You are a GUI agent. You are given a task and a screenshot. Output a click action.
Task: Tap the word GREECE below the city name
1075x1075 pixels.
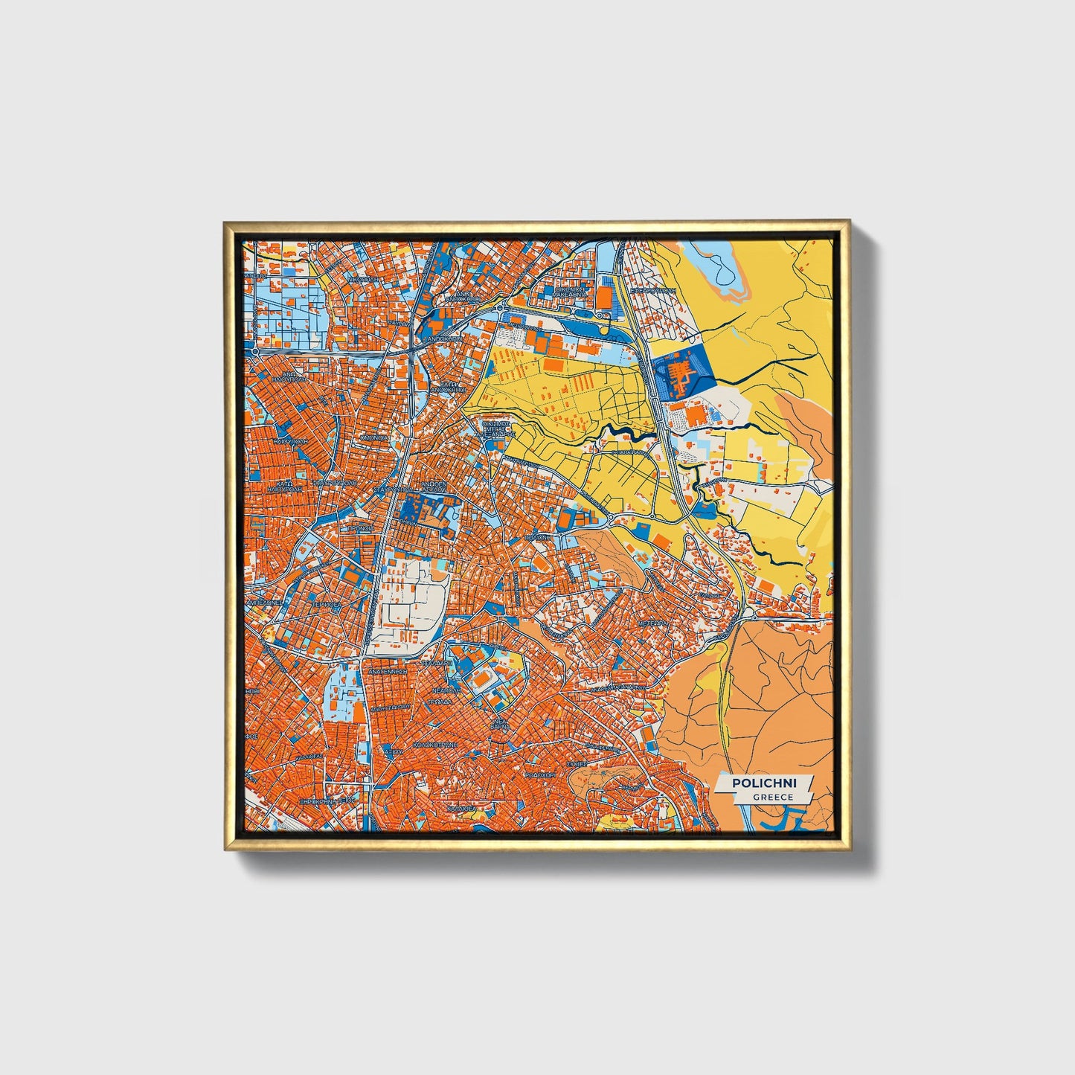(x=772, y=797)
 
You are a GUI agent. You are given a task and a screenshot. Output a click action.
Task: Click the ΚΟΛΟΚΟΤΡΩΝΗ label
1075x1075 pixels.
(x=435, y=743)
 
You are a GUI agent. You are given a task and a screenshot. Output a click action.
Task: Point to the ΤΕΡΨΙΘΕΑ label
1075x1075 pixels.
(x=325, y=605)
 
